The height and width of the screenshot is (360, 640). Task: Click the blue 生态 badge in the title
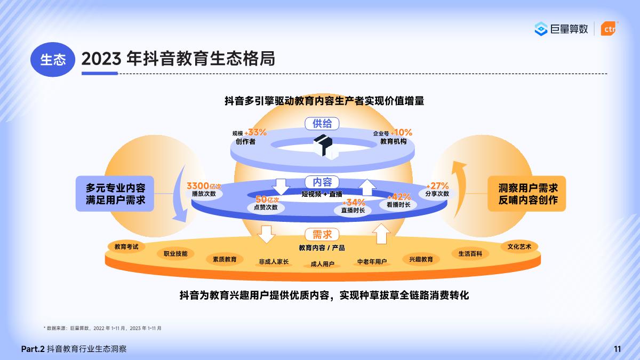53,59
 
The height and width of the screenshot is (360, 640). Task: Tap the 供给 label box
322,124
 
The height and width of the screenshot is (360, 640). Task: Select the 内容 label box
322,182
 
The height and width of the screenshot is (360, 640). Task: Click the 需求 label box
322,235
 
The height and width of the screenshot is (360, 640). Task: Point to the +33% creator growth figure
255,132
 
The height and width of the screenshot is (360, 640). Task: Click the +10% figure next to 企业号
401,132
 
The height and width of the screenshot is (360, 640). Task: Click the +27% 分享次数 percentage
437,186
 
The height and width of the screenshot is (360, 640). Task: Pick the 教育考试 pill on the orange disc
126,247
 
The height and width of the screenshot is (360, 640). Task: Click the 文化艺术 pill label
519,247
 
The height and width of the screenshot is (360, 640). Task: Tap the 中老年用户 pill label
372,261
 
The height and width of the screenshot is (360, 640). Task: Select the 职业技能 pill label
175,254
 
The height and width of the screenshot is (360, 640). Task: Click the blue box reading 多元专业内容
115,194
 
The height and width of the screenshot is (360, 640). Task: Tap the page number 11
618,349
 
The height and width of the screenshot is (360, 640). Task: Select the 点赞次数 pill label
266,207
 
